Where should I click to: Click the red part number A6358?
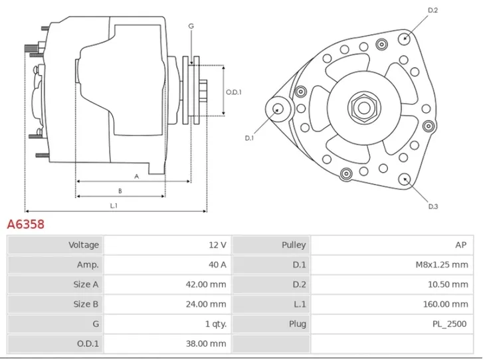26,225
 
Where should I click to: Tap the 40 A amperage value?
217,265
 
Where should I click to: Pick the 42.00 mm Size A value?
206,284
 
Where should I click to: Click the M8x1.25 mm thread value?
442,265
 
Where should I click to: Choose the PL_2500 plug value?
449,324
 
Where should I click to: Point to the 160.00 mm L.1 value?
446,304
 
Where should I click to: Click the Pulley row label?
294,245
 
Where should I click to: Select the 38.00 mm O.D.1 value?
206,343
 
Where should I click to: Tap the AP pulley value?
461,245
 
